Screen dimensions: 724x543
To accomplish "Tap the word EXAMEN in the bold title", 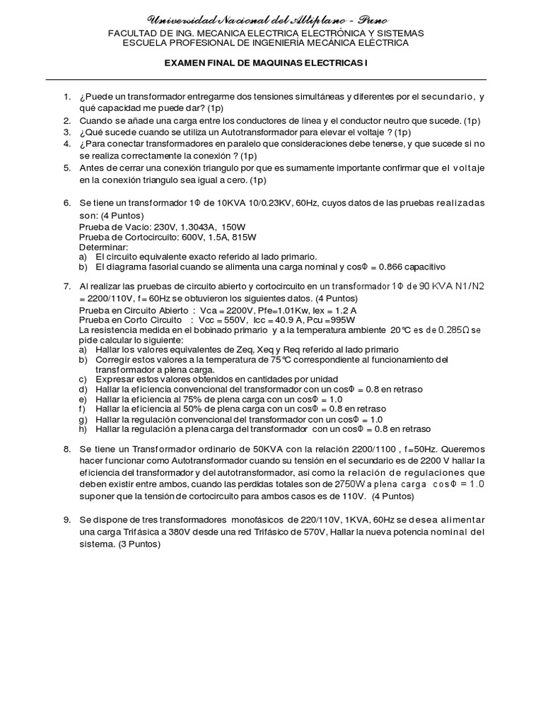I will (185, 63).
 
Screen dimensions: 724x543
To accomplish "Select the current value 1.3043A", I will (193, 228).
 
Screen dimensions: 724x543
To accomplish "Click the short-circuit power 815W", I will (233, 238).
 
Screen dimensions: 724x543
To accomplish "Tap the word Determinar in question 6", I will (103, 248).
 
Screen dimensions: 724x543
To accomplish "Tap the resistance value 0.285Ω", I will (450, 330).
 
